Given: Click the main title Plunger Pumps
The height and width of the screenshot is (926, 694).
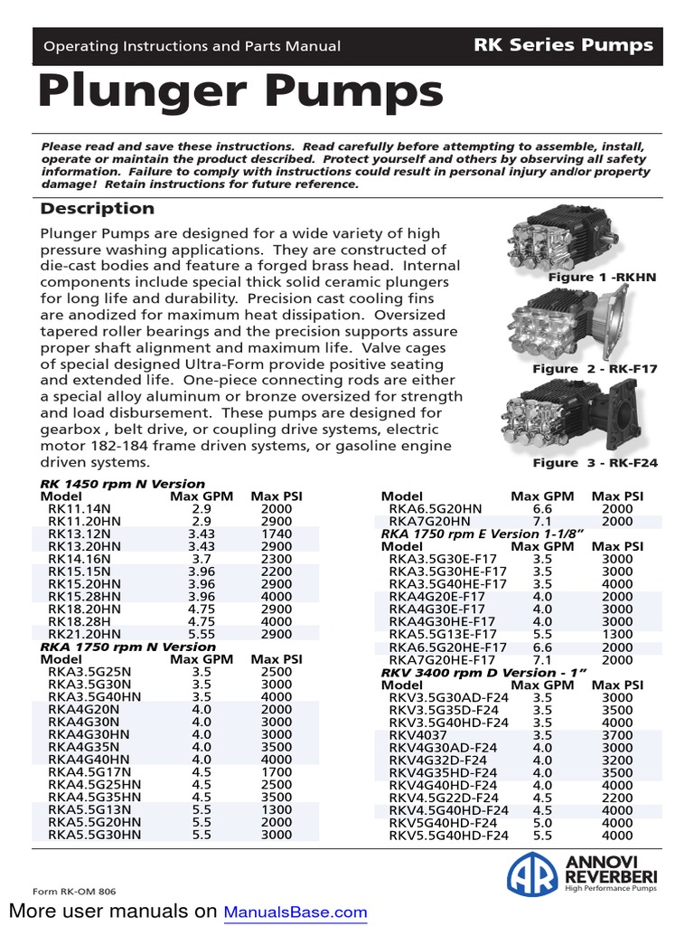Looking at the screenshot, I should tap(241, 92).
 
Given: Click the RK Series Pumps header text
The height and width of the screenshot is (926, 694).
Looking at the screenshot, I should tap(563, 44).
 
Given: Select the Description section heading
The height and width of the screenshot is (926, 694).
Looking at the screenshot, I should tap(98, 209).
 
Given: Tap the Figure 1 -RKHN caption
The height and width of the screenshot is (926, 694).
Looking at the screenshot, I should tap(602, 278).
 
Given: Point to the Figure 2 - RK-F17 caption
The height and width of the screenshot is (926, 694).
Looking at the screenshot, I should tap(595, 369).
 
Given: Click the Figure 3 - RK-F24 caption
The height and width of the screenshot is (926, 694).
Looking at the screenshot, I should tap(595, 463).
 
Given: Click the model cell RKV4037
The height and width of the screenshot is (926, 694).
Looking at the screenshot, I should tap(418, 735).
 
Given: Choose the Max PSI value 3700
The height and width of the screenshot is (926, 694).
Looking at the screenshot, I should tap(617, 735).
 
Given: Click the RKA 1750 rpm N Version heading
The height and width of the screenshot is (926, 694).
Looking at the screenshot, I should tap(128, 647).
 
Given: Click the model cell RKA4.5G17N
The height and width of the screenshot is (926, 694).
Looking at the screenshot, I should tap(89, 773).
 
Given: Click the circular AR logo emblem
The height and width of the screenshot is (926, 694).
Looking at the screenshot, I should tap(532, 874).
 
